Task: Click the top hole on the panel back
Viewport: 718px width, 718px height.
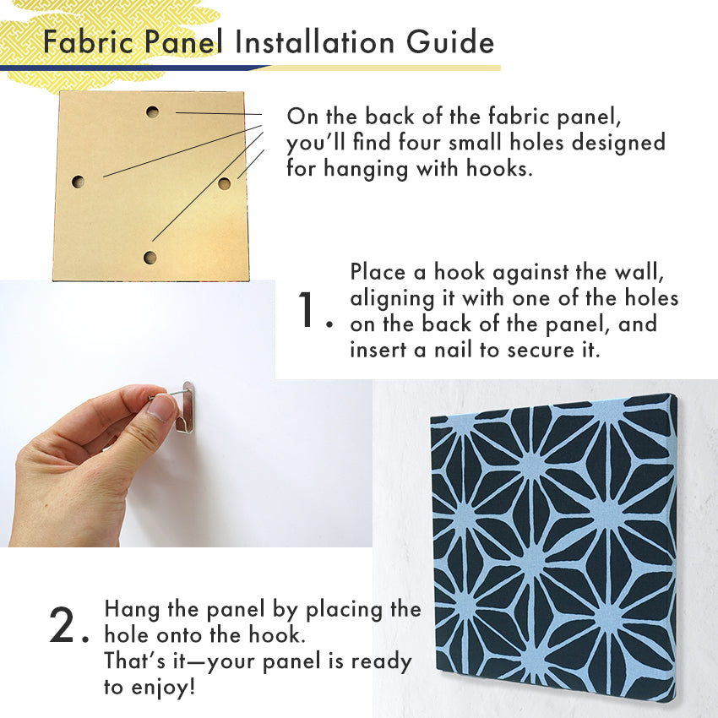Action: coord(153,112)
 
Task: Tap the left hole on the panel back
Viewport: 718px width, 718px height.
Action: coord(79,182)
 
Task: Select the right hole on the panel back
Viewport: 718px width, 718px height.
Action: coord(224,183)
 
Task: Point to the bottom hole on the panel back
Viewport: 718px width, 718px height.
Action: coord(150,258)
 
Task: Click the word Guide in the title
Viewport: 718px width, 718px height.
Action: coord(450,42)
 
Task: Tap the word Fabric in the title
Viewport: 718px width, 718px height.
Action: coord(89,42)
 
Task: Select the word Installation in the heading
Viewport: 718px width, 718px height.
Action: coord(314,42)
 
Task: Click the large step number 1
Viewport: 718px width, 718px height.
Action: coord(307,309)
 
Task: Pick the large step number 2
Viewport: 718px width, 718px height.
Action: coord(63,624)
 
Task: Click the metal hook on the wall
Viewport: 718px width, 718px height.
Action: coord(186,406)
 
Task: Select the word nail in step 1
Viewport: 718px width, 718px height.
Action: coord(454,351)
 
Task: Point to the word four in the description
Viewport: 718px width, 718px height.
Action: coord(418,142)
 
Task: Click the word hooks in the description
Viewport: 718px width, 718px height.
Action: coord(499,168)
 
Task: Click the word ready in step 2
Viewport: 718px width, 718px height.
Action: coord(382,663)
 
